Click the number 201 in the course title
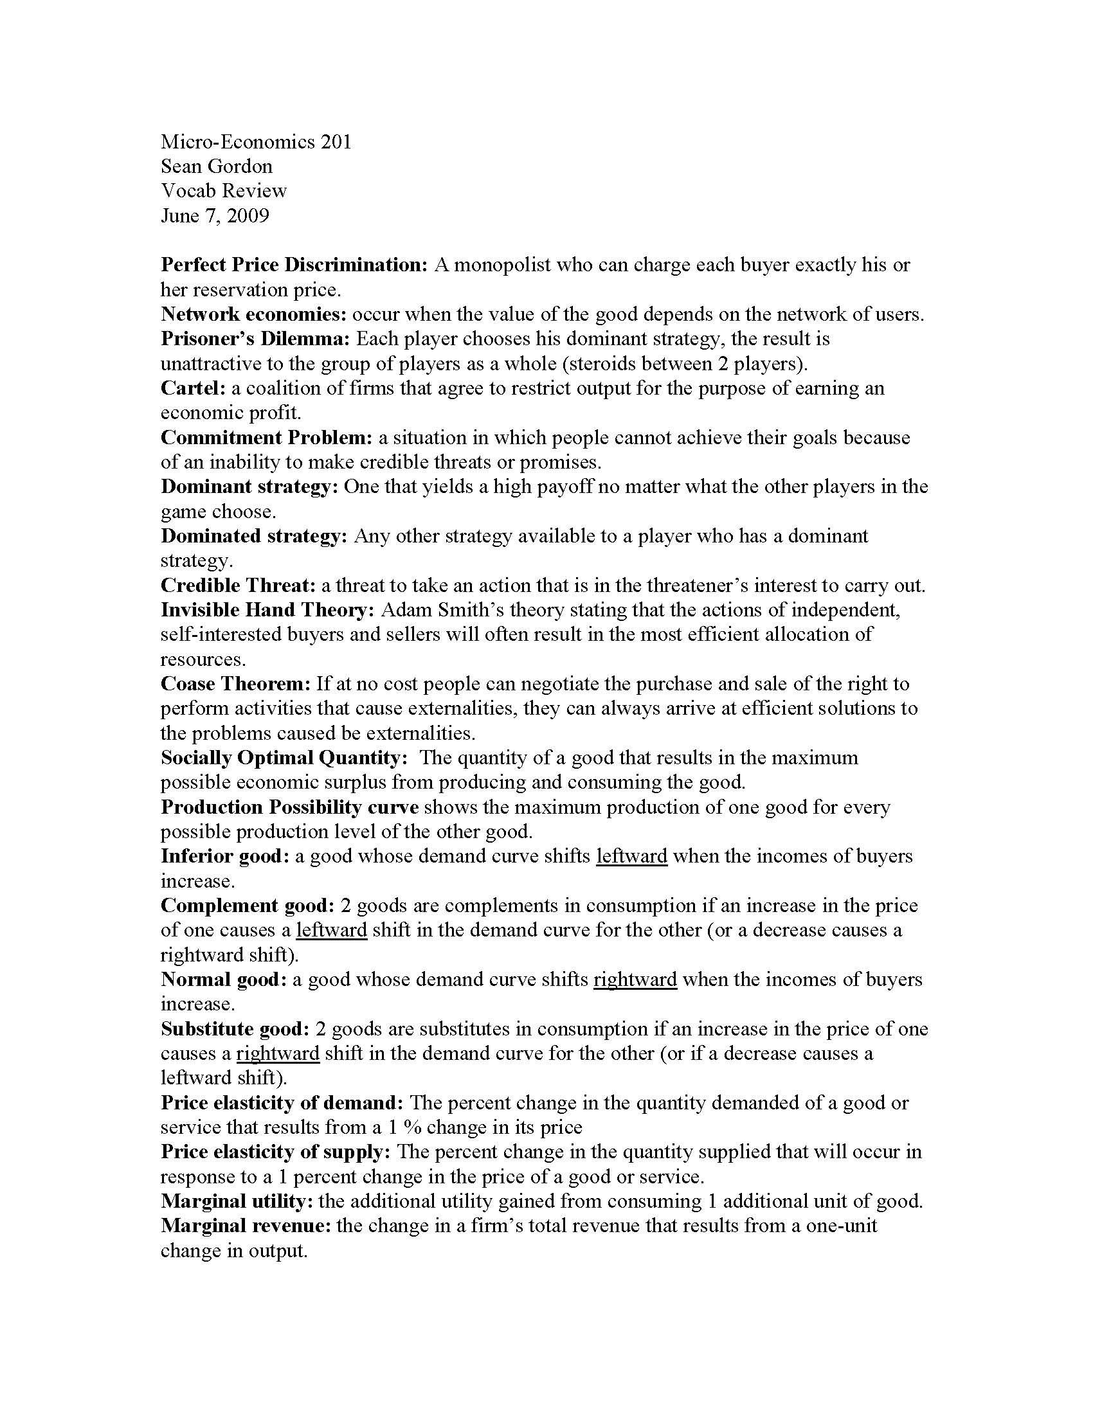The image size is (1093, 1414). point(336,142)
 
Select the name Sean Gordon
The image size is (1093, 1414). point(216,166)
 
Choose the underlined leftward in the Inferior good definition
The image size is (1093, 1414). point(631,857)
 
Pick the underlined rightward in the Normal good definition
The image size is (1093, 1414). point(635,980)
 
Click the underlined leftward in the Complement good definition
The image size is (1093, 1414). point(332,931)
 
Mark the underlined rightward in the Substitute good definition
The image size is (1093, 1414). point(278,1053)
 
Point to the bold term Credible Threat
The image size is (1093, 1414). point(238,586)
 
